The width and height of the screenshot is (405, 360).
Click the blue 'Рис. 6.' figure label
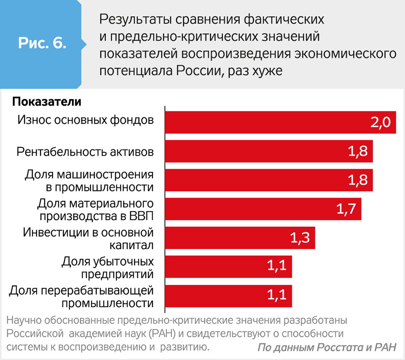click(42, 43)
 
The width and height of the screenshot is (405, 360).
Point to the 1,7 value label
click(346, 209)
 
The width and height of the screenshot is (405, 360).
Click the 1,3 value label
click(300, 238)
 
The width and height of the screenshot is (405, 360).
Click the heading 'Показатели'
click(47, 101)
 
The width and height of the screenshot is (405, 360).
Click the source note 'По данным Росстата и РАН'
click(327, 348)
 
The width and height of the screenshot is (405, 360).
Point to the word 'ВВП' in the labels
click(142, 215)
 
